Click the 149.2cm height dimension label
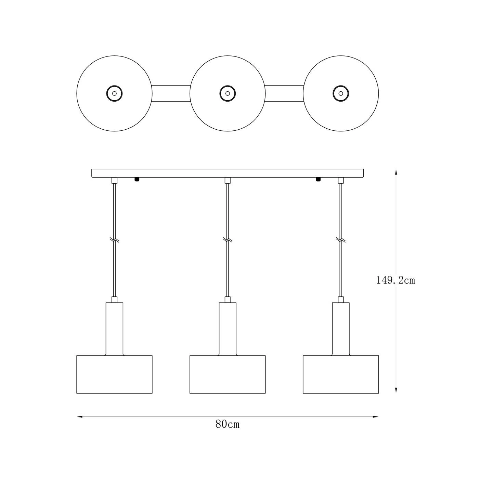[x=396, y=281]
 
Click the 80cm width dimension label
[x=228, y=424]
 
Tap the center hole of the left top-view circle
[x=114, y=93]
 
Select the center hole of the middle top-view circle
[x=228, y=93]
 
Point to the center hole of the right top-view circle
[x=341, y=93]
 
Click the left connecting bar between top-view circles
[x=171, y=93]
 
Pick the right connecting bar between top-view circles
[x=284, y=93]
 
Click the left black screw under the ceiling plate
[x=137, y=179]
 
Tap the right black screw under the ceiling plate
[x=318, y=179]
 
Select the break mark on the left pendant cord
[x=114, y=240]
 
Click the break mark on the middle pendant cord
[x=228, y=240]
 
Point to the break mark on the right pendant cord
[x=341, y=240]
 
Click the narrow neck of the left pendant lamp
[x=114, y=329]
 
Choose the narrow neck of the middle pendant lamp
[x=228, y=329]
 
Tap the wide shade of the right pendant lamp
[x=341, y=374]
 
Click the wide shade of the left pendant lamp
[x=114, y=374]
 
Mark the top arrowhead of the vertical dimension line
[x=396, y=172]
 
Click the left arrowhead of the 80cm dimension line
[x=80, y=417]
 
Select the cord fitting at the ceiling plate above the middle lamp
[x=228, y=180]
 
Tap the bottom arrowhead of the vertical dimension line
[x=396, y=390]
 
